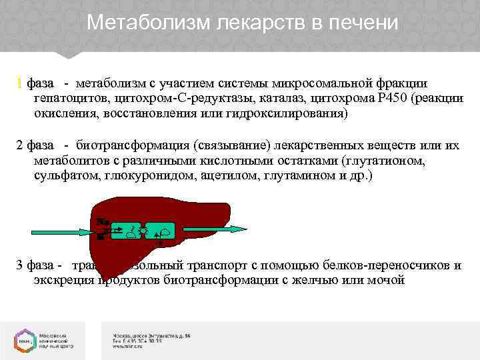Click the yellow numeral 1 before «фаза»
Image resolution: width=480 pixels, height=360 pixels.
click(20, 83)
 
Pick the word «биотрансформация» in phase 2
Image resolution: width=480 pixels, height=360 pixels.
click(132, 145)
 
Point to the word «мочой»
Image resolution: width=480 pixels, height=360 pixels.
click(386, 280)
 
